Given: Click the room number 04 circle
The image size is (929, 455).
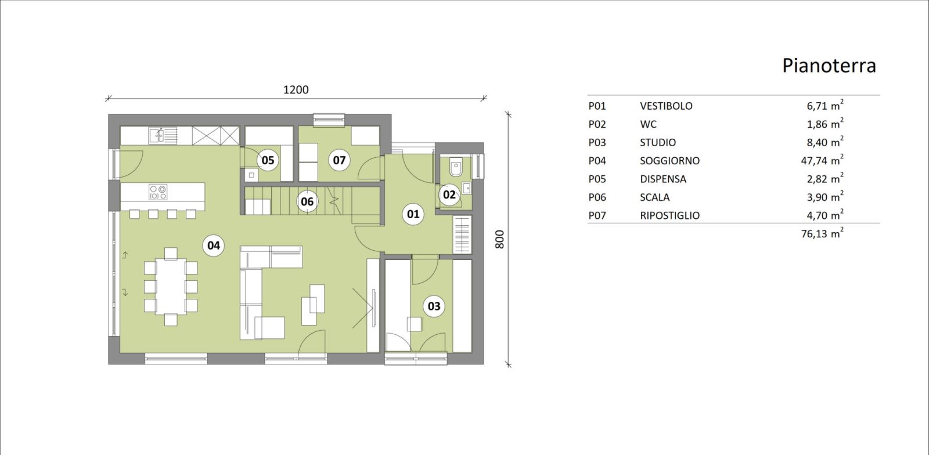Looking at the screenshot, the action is [214, 245].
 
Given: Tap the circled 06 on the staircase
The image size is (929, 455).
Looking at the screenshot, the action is [307, 201].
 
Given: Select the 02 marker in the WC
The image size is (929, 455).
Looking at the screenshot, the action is [449, 194].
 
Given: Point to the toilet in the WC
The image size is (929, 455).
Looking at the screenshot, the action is [456, 168].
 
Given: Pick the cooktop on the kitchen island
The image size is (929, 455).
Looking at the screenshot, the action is [158, 192].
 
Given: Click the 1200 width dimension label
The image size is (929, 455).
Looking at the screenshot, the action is [296, 90].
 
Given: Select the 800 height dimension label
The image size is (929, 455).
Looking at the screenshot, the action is [500, 240].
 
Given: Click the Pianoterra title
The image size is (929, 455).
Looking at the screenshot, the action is [829, 66].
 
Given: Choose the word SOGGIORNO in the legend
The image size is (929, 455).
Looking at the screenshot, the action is [670, 161].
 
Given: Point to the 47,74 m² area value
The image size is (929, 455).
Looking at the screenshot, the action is [822, 160].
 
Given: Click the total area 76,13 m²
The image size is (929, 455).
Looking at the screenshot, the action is [822, 233].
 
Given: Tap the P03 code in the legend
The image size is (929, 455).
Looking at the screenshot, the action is [597, 143].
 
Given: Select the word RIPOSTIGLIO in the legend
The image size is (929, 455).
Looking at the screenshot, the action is [670, 215].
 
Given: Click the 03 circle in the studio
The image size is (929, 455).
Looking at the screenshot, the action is [434, 306].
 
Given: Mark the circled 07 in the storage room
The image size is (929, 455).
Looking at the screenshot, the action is [339, 160].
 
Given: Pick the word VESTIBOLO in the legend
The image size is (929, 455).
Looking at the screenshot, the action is [666, 106].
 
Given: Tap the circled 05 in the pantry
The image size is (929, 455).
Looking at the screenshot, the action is [268, 160].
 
